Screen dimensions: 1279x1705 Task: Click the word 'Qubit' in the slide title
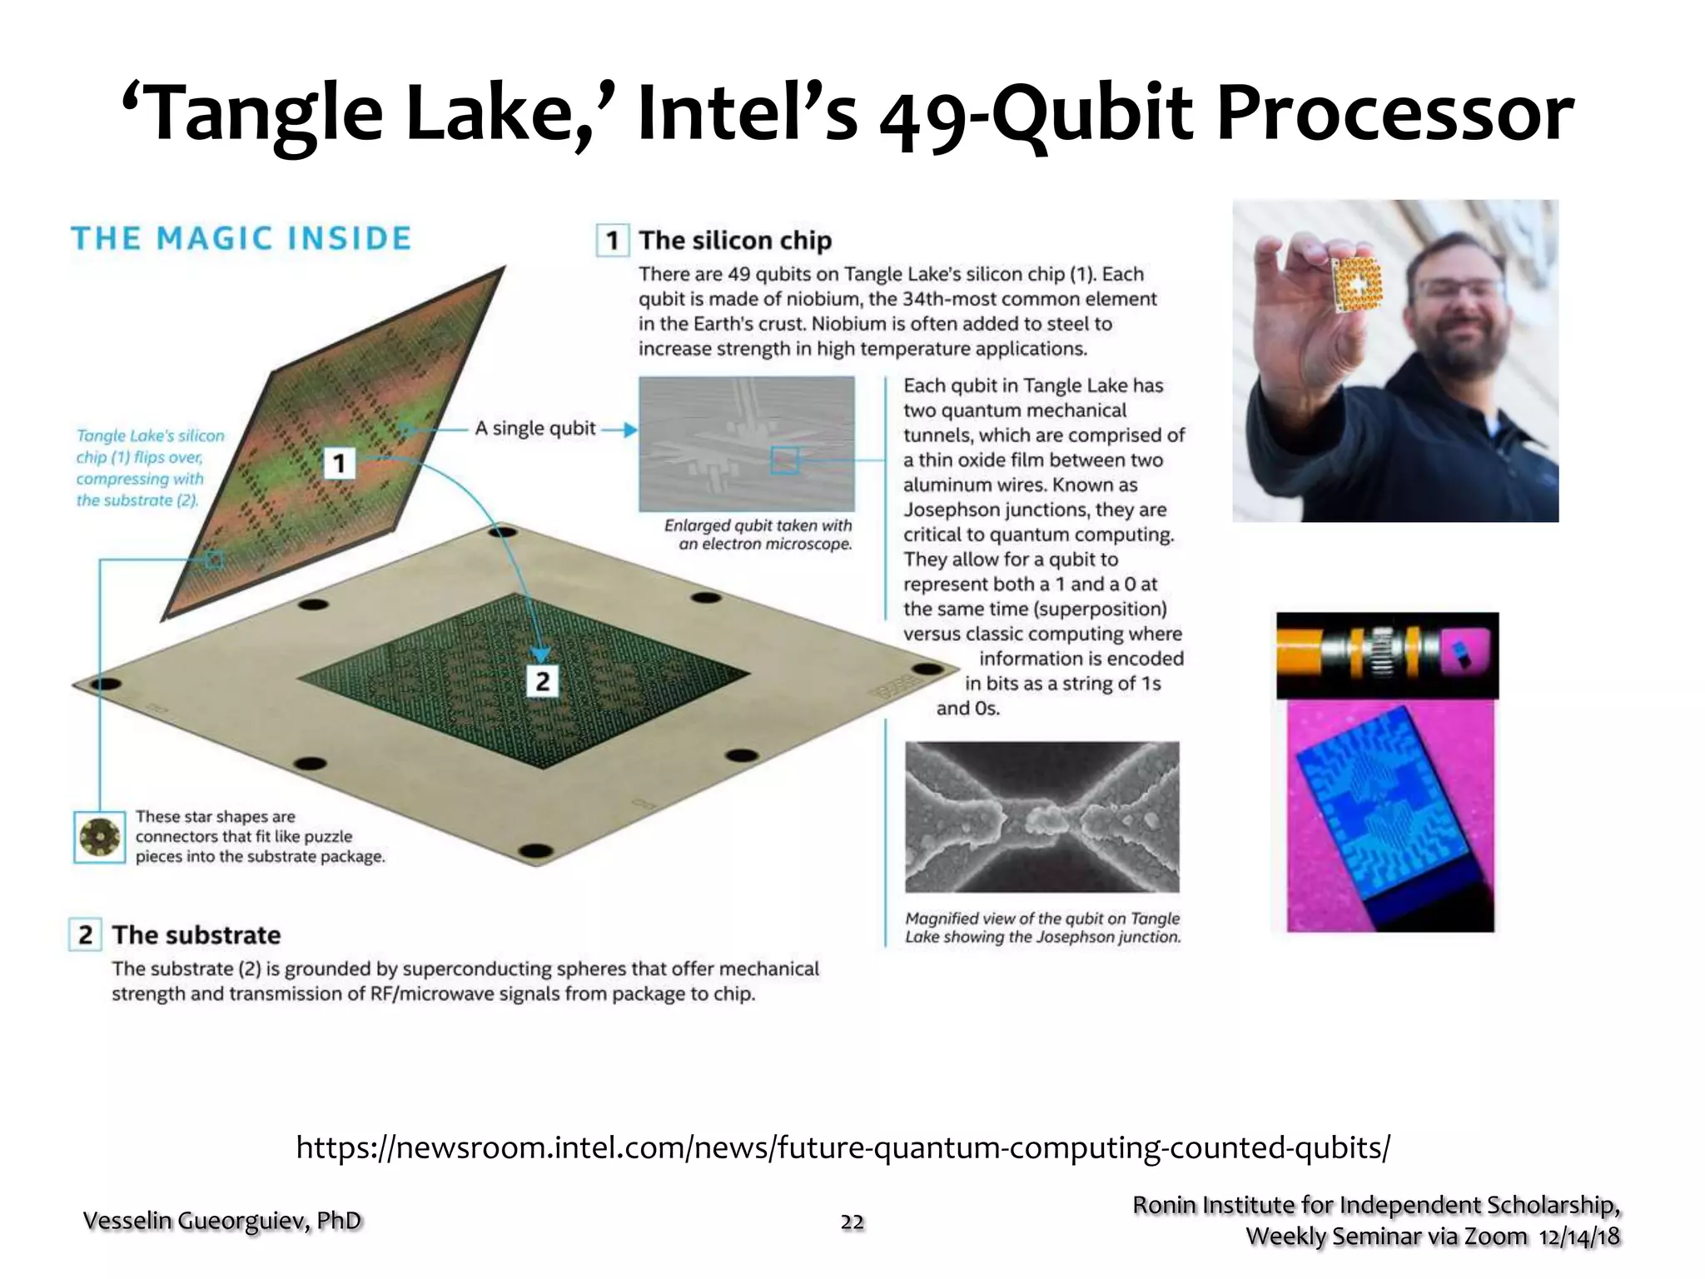(1091, 115)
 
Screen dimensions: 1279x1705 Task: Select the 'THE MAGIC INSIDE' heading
(241, 239)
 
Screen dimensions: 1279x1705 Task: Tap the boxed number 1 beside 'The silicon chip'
(613, 241)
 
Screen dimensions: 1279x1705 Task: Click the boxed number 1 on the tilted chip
(339, 463)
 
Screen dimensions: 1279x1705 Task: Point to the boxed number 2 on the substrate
(542, 681)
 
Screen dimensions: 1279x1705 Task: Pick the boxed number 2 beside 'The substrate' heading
(85, 934)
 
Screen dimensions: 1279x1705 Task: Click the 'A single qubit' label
(535, 428)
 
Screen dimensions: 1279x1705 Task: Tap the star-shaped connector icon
(99, 837)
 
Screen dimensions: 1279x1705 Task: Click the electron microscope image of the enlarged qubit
(746, 444)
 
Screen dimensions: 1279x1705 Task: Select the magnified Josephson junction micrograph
(1041, 817)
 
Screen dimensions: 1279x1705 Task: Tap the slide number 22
(852, 1222)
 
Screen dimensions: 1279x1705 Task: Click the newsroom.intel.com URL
(843, 1147)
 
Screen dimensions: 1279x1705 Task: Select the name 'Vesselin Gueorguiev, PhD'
(222, 1221)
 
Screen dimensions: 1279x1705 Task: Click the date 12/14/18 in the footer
(1579, 1237)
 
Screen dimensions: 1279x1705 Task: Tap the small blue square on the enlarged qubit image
(784, 460)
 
